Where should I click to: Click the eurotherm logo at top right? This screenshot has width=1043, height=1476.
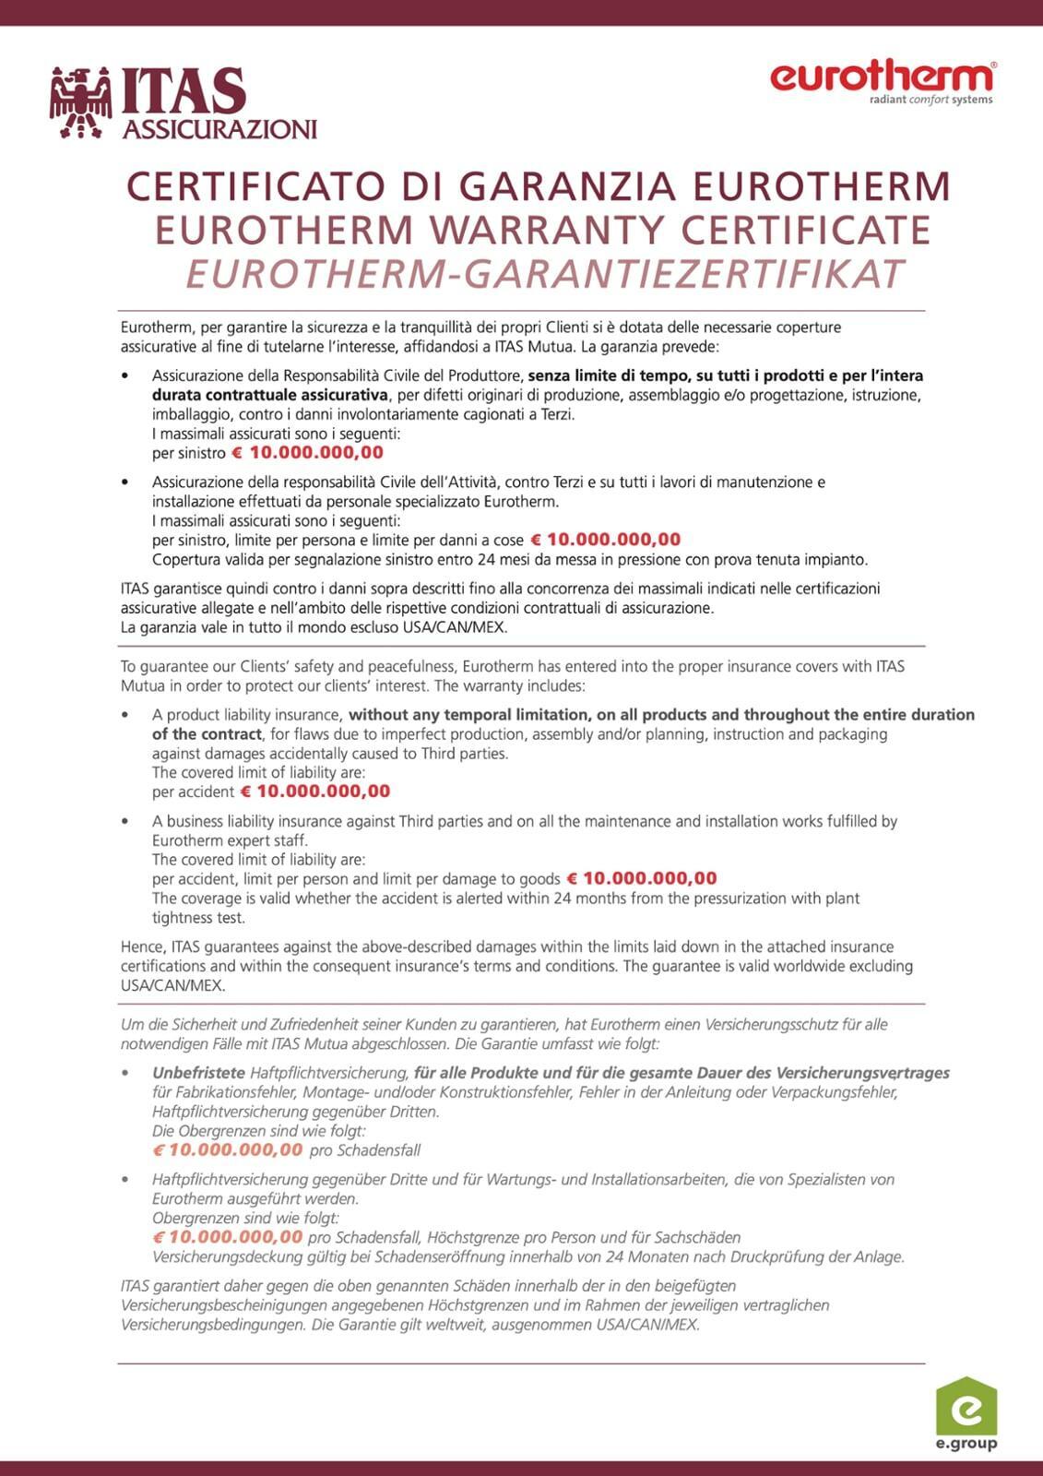pos(882,77)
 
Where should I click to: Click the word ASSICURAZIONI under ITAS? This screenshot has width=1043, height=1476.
pos(219,129)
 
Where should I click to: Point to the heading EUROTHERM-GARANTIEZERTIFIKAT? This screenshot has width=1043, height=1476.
pos(544,274)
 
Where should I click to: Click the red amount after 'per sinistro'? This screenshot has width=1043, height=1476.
pos(307,453)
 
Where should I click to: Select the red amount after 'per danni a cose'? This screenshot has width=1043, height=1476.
pos(606,540)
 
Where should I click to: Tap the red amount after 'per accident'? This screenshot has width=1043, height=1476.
pos(315,792)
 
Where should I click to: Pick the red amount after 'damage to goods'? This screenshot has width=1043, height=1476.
pos(641,878)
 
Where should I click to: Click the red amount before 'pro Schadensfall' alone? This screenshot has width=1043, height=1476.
pos(227,1149)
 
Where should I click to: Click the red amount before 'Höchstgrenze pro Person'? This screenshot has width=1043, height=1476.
pos(227,1237)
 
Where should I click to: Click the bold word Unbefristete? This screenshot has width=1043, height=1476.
pos(198,1073)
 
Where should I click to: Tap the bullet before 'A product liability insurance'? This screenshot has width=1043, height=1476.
pos(125,715)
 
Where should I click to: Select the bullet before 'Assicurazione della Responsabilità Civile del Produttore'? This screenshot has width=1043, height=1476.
pos(125,376)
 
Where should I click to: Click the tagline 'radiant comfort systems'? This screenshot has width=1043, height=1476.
pos(930,100)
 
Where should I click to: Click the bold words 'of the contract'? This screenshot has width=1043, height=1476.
pos(207,734)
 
